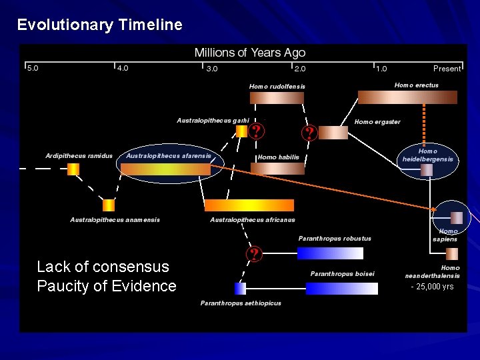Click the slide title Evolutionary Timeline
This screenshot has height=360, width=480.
point(99,25)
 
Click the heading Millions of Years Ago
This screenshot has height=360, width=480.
point(249,53)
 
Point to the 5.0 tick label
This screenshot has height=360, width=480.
point(32,68)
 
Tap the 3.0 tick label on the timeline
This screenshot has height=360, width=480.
point(211,68)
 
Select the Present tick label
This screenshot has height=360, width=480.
point(446,68)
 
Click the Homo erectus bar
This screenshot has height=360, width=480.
point(407,98)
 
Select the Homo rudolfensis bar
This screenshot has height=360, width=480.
point(276,98)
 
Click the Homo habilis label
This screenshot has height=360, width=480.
point(278,157)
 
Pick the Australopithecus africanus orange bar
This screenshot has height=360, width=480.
point(249,205)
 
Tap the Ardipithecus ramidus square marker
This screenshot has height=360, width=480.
point(73,169)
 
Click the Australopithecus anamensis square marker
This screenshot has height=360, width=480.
point(108,205)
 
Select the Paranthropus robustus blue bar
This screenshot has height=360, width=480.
point(330,253)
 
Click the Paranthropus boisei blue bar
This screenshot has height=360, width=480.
point(341,288)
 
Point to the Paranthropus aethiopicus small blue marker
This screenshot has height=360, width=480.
point(240,288)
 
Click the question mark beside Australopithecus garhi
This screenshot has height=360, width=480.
point(256,131)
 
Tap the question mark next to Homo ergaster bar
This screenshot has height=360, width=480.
point(309,133)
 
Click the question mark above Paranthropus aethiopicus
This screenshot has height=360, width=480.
point(253,254)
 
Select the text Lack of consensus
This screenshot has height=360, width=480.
point(103,267)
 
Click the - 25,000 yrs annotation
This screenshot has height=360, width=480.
point(432,287)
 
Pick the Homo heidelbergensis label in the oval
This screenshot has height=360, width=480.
point(427,155)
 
